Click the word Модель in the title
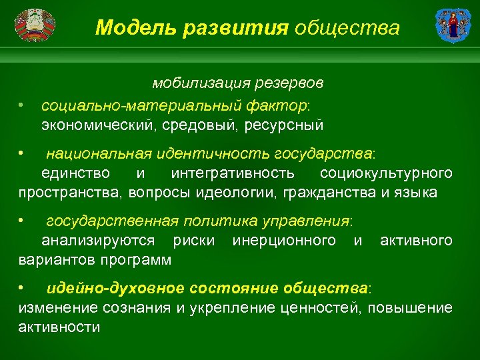pyautogui.click(x=129, y=27)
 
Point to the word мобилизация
pyautogui.click(x=194, y=83)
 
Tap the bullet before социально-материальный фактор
pyautogui.click(x=22, y=105)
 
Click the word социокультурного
pyautogui.click(x=386, y=173)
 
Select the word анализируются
pyautogui.click(x=98, y=240)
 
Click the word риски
pyautogui.click(x=193, y=240)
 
